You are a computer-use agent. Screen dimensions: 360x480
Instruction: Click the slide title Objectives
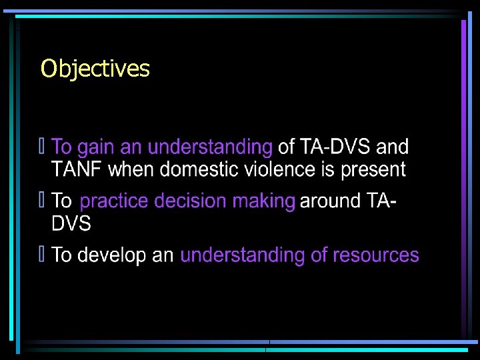point(95,69)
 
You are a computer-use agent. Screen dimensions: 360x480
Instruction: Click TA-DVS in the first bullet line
point(336,147)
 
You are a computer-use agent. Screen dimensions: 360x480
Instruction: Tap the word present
point(373,169)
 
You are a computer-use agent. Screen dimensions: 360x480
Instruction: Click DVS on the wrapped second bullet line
point(71,224)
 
